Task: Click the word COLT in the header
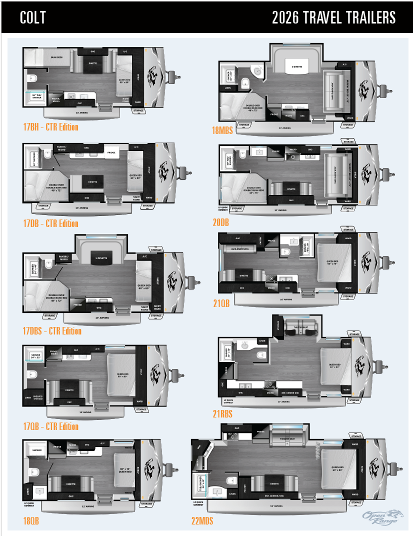(x=33, y=17)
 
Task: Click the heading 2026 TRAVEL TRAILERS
(x=333, y=17)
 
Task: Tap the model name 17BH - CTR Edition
(x=50, y=127)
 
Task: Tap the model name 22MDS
(x=202, y=521)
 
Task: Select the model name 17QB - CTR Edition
(x=50, y=426)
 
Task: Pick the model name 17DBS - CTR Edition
(x=52, y=330)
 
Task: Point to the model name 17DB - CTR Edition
(x=50, y=223)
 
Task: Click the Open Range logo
(x=380, y=516)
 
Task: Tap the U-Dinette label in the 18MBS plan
(x=293, y=66)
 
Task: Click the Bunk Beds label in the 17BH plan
(x=56, y=58)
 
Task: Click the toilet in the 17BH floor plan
(x=32, y=78)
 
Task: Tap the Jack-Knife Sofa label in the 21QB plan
(x=240, y=248)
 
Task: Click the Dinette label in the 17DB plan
(x=92, y=182)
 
